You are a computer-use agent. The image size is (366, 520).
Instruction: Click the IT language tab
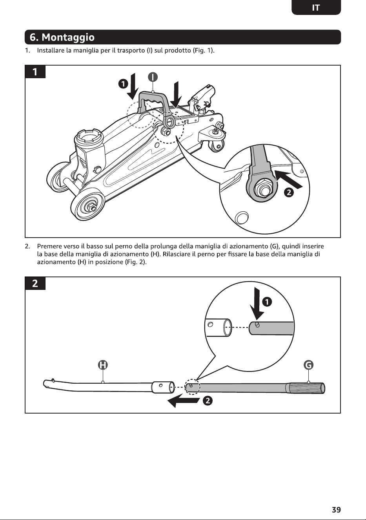pos(316,7)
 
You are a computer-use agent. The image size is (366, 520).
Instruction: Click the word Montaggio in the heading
pos(68,37)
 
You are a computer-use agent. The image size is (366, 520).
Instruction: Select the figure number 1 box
pos(35,72)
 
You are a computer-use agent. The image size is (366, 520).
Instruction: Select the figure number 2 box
pos(35,283)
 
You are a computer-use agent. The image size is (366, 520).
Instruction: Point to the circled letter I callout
pos(153,77)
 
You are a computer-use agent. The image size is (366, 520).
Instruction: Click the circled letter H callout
pos(103,365)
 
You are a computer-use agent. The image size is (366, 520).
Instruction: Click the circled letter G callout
pos(308,365)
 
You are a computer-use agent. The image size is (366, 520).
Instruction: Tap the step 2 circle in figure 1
pos(289,192)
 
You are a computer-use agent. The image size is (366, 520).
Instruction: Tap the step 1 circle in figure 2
pos(267,302)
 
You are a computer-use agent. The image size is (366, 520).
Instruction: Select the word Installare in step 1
pos(51,50)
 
